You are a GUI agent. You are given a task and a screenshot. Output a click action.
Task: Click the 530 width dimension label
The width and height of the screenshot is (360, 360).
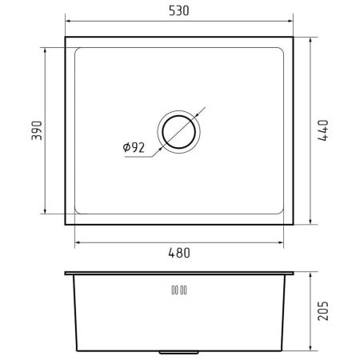pyautogui.click(x=179, y=11)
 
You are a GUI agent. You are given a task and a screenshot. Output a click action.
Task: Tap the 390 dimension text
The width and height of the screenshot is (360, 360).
pyautogui.click(x=37, y=130)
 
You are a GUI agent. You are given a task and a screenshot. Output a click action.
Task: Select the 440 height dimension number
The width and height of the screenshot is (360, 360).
pyautogui.click(x=323, y=130)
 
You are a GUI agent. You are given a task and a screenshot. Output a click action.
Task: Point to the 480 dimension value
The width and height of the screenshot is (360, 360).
pyautogui.click(x=179, y=253)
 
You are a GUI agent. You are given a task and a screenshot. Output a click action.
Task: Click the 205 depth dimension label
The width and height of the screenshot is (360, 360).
pyautogui.click(x=323, y=311)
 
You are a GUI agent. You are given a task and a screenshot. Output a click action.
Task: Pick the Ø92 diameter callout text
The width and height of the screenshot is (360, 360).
pyautogui.click(x=134, y=147)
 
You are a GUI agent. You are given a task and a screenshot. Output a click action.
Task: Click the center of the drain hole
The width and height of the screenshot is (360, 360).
pyautogui.click(x=179, y=132)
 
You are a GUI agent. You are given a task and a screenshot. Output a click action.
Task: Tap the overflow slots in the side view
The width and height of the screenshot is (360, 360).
pyautogui.click(x=179, y=290)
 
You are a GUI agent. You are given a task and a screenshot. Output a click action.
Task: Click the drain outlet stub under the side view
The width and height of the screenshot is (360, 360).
pyautogui.click(x=178, y=353)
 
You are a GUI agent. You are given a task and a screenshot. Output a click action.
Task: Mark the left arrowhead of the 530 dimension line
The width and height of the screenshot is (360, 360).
pyautogui.click(x=68, y=21)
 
